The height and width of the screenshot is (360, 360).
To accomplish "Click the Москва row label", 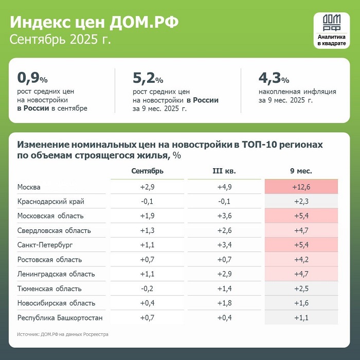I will (x=29, y=187).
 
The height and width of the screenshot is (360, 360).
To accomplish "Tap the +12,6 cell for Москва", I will (x=301, y=187).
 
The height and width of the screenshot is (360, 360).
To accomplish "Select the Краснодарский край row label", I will (x=50, y=202).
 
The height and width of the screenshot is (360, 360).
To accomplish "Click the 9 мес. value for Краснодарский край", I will (x=301, y=202).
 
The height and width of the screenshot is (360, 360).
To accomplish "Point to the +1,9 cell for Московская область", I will (x=148, y=216).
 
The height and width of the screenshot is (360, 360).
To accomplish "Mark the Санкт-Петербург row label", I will (x=46, y=245).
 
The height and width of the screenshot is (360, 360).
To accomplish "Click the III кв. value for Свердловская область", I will (x=224, y=230).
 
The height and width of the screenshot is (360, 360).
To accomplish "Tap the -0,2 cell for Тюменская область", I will (x=148, y=289).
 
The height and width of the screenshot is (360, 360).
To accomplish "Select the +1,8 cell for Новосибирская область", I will (x=224, y=303).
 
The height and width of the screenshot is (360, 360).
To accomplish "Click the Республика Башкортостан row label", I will (x=60, y=318).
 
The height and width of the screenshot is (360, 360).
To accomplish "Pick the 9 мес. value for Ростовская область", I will (x=301, y=260).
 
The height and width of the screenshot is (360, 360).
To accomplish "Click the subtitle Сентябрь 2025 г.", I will (x=60, y=40).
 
